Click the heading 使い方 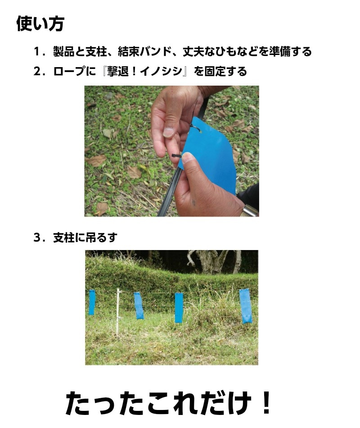click(x=40, y=23)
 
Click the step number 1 click(x=36, y=52)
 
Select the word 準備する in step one click(x=290, y=52)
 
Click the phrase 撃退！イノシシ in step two click(x=144, y=71)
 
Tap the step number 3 click(x=37, y=237)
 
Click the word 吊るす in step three click(x=101, y=237)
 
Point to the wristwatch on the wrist click(x=249, y=211)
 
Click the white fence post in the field click(x=118, y=311)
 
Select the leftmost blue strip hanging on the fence click(x=92, y=302)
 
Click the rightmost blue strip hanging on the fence click(x=246, y=306)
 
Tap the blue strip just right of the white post click(x=139, y=306)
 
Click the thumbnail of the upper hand click(x=168, y=132)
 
